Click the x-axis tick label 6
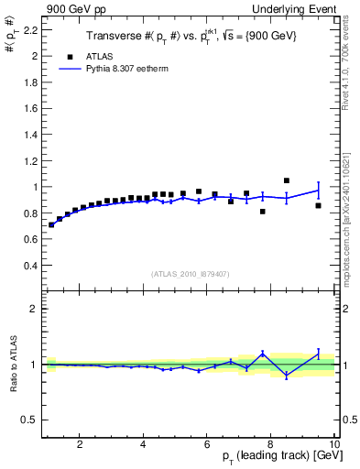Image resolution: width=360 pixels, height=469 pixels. (207, 444)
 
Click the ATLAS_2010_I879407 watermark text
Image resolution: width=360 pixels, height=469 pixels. (189, 273)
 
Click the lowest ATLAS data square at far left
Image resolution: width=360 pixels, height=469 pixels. (51, 224)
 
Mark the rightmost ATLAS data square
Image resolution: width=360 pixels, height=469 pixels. (318, 205)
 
